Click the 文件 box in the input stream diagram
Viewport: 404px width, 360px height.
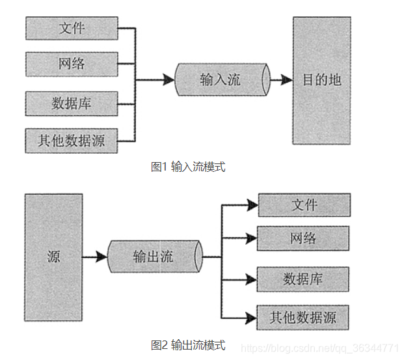[x=72, y=29]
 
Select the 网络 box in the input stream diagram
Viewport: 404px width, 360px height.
[x=72, y=64]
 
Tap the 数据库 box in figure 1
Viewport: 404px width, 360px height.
[x=72, y=103]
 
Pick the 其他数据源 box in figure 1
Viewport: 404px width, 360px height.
[x=72, y=140]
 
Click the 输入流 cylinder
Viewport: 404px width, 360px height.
[x=221, y=80]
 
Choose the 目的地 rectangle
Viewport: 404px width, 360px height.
[x=321, y=81]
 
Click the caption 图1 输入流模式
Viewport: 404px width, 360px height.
[x=188, y=167]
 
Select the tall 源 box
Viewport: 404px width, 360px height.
[x=53, y=256]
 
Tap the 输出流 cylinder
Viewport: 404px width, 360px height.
[x=154, y=256]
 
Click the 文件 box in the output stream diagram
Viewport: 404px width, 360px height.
[x=304, y=205]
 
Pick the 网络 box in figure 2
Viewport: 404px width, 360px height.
[x=303, y=238]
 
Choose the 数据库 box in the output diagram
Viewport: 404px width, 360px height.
[x=303, y=279]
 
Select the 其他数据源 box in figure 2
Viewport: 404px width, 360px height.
[x=303, y=318]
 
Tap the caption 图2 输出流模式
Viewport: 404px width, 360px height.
[x=188, y=345]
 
